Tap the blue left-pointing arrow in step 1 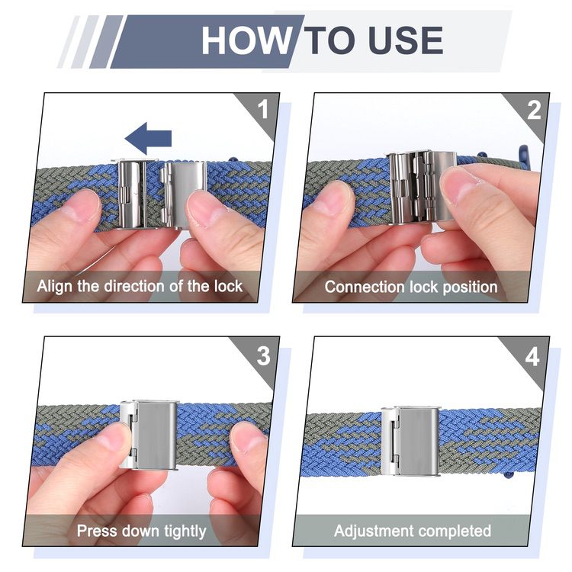click(148, 138)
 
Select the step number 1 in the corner click(263, 108)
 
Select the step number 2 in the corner click(534, 109)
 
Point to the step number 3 click(263, 355)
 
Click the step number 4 click(532, 356)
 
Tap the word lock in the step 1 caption click(228, 286)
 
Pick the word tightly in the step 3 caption click(185, 532)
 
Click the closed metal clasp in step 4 click(410, 441)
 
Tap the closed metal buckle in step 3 click(149, 435)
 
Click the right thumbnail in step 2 click(463, 186)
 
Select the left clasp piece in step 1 click(133, 194)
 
